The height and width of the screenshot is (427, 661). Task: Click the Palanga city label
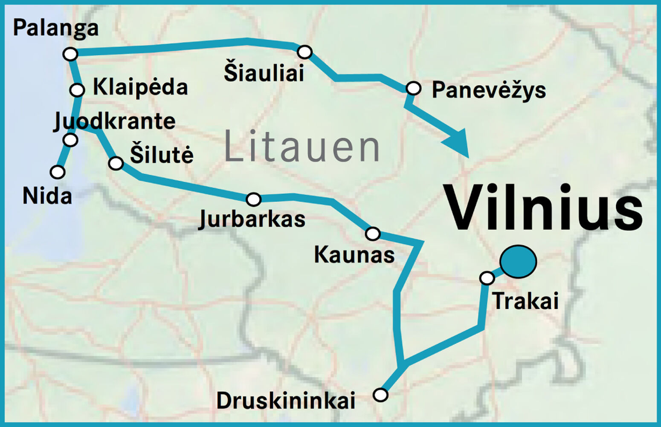[55, 28]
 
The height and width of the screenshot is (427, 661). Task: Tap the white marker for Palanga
[70, 54]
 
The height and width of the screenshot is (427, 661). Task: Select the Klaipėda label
[140, 87]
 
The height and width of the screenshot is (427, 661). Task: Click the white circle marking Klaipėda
[77, 90]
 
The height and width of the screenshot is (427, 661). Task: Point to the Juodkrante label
[114, 121]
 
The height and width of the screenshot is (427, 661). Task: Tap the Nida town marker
[58, 172]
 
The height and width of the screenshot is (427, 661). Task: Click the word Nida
[47, 196]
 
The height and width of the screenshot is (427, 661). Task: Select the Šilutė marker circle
[116, 163]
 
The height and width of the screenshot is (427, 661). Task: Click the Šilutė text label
[162, 154]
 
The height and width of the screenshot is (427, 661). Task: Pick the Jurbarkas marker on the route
[254, 199]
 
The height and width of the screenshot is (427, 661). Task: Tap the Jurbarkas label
[252, 219]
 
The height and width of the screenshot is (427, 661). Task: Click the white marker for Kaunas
[373, 234]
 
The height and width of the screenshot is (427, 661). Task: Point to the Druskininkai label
[286, 401]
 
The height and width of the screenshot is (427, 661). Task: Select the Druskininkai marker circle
[380, 395]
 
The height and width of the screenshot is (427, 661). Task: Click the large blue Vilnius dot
[518, 262]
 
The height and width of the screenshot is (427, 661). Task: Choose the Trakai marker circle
[487, 278]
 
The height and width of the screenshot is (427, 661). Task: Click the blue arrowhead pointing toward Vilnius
[458, 143]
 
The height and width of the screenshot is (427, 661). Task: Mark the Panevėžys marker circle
[413, 88]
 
